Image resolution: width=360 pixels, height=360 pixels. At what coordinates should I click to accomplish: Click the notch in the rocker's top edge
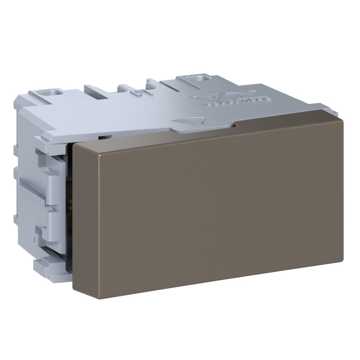pyautogui.click(x=235, y=126)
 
